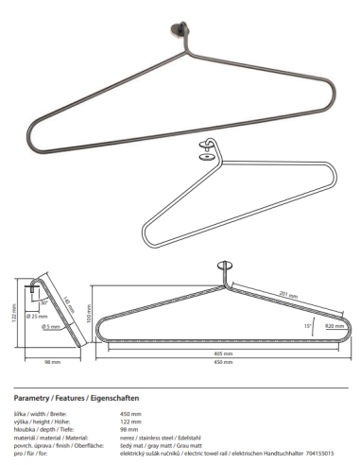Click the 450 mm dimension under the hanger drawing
(x=223, y=361)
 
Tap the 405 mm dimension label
(x=223, y=353)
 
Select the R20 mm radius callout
(x=334, y=325)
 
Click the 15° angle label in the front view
(x=308, y=324)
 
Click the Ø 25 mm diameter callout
(x=41, y=316)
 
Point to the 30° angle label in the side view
(x=43, y=303)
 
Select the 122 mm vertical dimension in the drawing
(x=14, y=312)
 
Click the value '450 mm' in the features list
(x=129, y=414)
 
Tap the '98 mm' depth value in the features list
(x=129, y=427)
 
